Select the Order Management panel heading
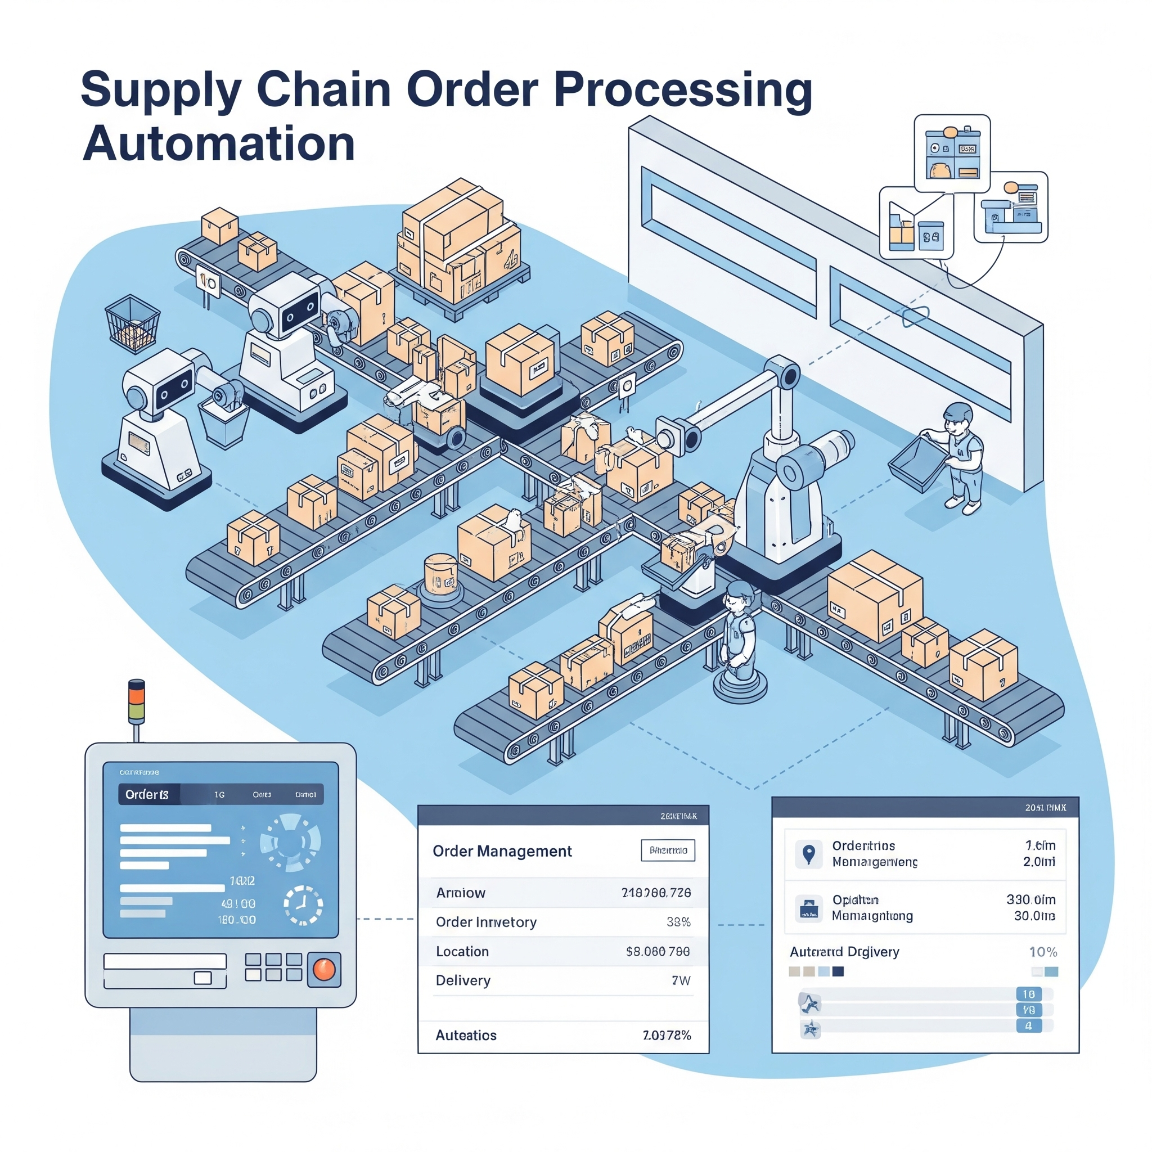tap(502, 851)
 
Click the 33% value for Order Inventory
tap(678, 922)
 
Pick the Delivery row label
tap(463, 980)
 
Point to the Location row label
tap(462, 951)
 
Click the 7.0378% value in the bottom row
tap(667, 1035)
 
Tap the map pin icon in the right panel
tap(808, 854)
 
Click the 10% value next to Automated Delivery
tap(1043, 952)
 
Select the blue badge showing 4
tap(1028, 1025)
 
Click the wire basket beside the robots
tap(132, 325)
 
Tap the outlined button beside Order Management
tap(668, 850)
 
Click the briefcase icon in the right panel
tap(808, 908)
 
